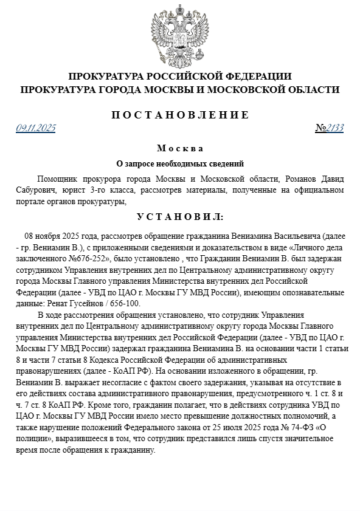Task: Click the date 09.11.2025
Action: pyautogui.click(x=36, y=128)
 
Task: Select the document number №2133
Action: pyautogui.click(x=330, y=128)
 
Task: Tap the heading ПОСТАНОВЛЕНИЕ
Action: pyautogui.click(x=180, y=114)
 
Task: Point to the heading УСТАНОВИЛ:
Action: pyautogui.click(x=180, y=216)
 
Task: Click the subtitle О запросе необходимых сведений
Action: pyautogui.click(x=180, y=163)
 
